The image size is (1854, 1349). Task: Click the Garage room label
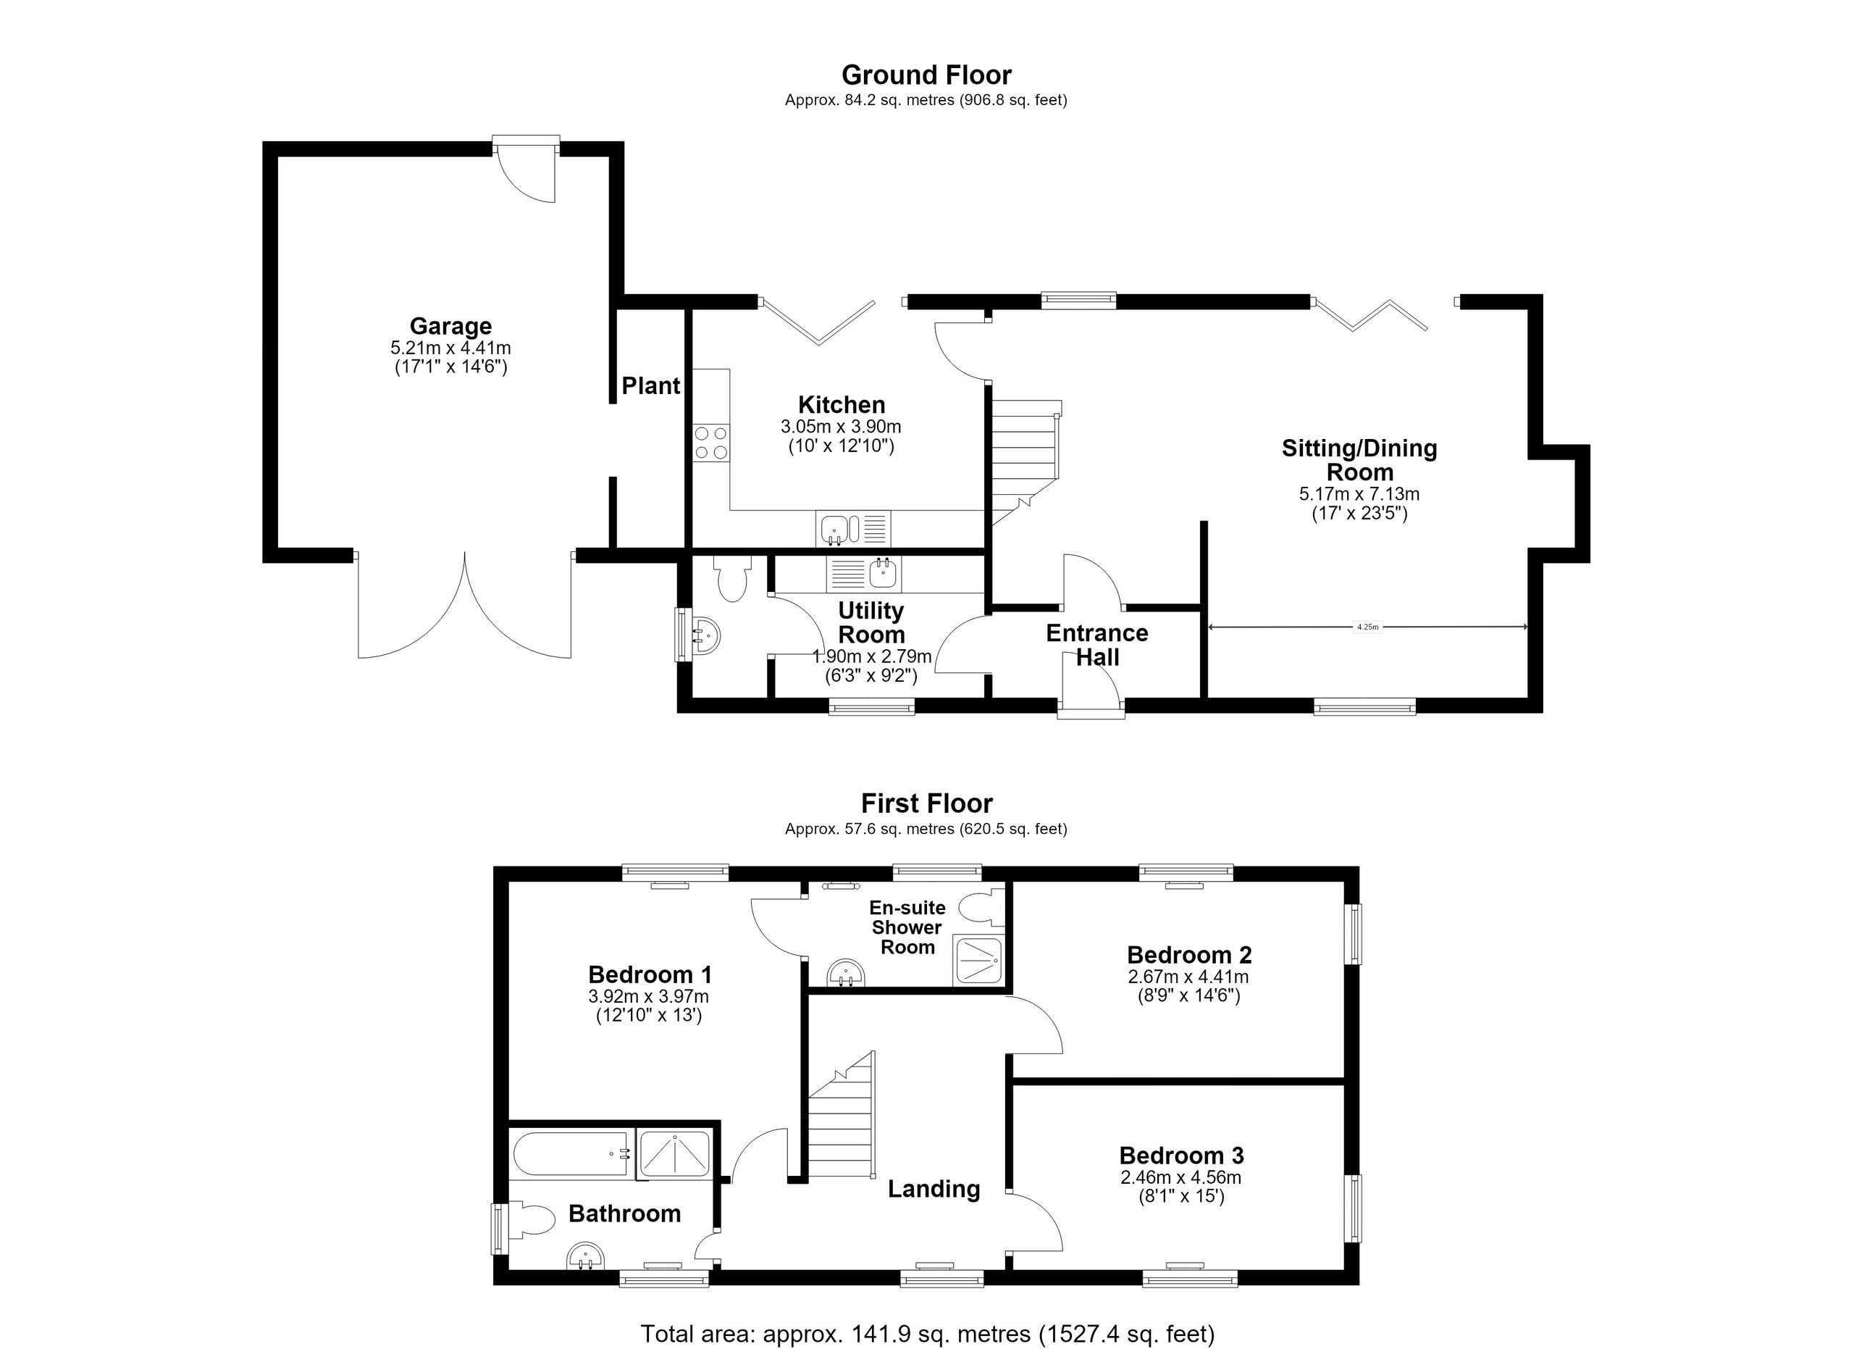pyautogui.click(x=450, y=326)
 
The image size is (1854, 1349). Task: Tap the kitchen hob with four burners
pyautogui.click(x=711, y=443)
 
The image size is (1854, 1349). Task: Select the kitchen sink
pyautogui.click(x=853, y=528)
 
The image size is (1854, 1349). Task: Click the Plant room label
pyautogui.click(x=650, y=386)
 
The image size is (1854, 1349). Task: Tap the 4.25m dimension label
pyautogui.click(x=1367, y=627)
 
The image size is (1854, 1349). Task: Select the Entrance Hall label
pyautogui.click(x=1097, y=645)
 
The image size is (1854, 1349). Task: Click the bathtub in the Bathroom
pyautogui.click(x=571, y=1153)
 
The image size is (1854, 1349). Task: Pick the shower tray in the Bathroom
pyautogui.click(x=674, y=1153)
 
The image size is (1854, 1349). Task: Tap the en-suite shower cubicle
pyautogui.click(x=978, y=960)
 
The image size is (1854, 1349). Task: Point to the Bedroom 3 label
pyautogui.click(x=1181, y=1156)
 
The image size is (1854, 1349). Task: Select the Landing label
pyautogui.click(x=934, y=1190)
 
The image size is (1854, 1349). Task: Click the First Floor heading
pyautogui.click(x=927, y=803)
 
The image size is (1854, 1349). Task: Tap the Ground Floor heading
pyautogui.click(x=927, y=75)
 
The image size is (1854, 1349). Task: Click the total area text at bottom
pyautogui.click(x=927, y=1335)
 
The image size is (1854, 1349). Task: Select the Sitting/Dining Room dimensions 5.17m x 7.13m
pyautogui.click(x=1359, y=495)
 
